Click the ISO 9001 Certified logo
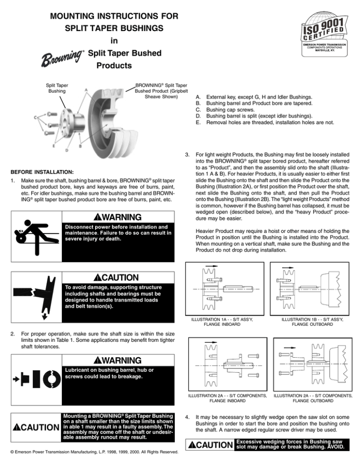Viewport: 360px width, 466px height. click(316, 29)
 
